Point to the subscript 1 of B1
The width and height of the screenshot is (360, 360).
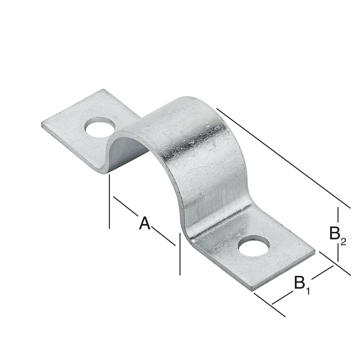tap(308, 291)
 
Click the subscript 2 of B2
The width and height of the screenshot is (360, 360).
tap(343, 242)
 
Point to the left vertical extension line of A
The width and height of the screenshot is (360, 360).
tap(109, 201)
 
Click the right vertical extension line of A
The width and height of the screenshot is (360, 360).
tap(179, 253)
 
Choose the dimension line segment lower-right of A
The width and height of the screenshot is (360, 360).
tap(163, 236)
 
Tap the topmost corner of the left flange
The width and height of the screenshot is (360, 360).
tap(103, 90)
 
